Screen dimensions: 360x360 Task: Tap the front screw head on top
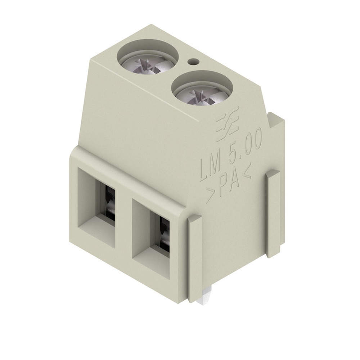click(x=199, y=90)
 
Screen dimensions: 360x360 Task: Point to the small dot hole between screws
click(x=194, y=62)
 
